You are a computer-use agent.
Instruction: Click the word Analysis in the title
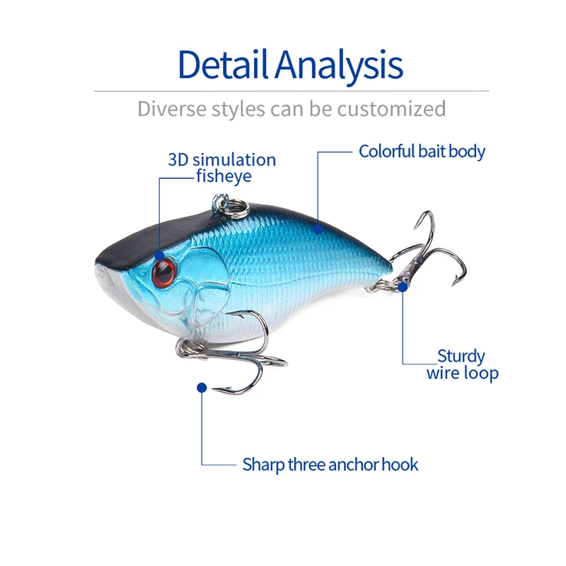tap(339, 65)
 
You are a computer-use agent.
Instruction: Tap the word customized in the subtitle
tap(391, 109)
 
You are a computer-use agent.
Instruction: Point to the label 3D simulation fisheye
tap(222, 168)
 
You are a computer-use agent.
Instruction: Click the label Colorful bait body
tap(422, 151)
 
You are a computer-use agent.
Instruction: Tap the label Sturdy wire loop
tap(462, 364)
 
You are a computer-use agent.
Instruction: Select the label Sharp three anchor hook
tap(330, 465)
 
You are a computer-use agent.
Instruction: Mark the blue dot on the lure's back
tap(319, 228)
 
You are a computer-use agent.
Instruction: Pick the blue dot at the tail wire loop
tap(403, 287)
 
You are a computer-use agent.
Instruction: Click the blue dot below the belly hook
tap(202, 387)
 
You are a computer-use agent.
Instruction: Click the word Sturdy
tap(461, 356)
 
